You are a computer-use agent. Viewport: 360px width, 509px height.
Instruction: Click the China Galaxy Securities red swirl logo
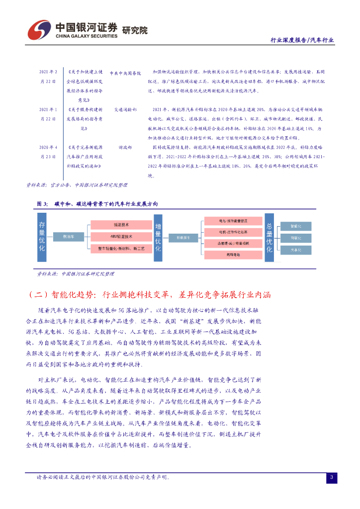(38, 30)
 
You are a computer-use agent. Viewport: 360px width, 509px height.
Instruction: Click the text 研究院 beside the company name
(134, 30)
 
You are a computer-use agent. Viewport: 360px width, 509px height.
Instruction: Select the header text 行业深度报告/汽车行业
(301, 40)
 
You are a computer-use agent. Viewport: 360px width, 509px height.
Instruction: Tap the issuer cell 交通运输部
(125, 109)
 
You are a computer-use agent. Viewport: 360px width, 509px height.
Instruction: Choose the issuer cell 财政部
(125, 148)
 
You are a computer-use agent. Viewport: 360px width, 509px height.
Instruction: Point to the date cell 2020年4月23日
(48, 152)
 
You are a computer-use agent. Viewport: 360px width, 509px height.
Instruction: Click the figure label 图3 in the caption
(42, 204)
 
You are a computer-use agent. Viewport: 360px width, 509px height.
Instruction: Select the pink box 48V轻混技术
(121, 236)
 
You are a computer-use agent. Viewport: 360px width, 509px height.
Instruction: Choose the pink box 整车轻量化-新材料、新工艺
(121, 247)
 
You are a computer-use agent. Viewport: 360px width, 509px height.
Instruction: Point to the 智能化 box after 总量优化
(295, 225)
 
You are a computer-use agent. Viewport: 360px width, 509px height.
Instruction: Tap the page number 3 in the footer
(331, 478)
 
